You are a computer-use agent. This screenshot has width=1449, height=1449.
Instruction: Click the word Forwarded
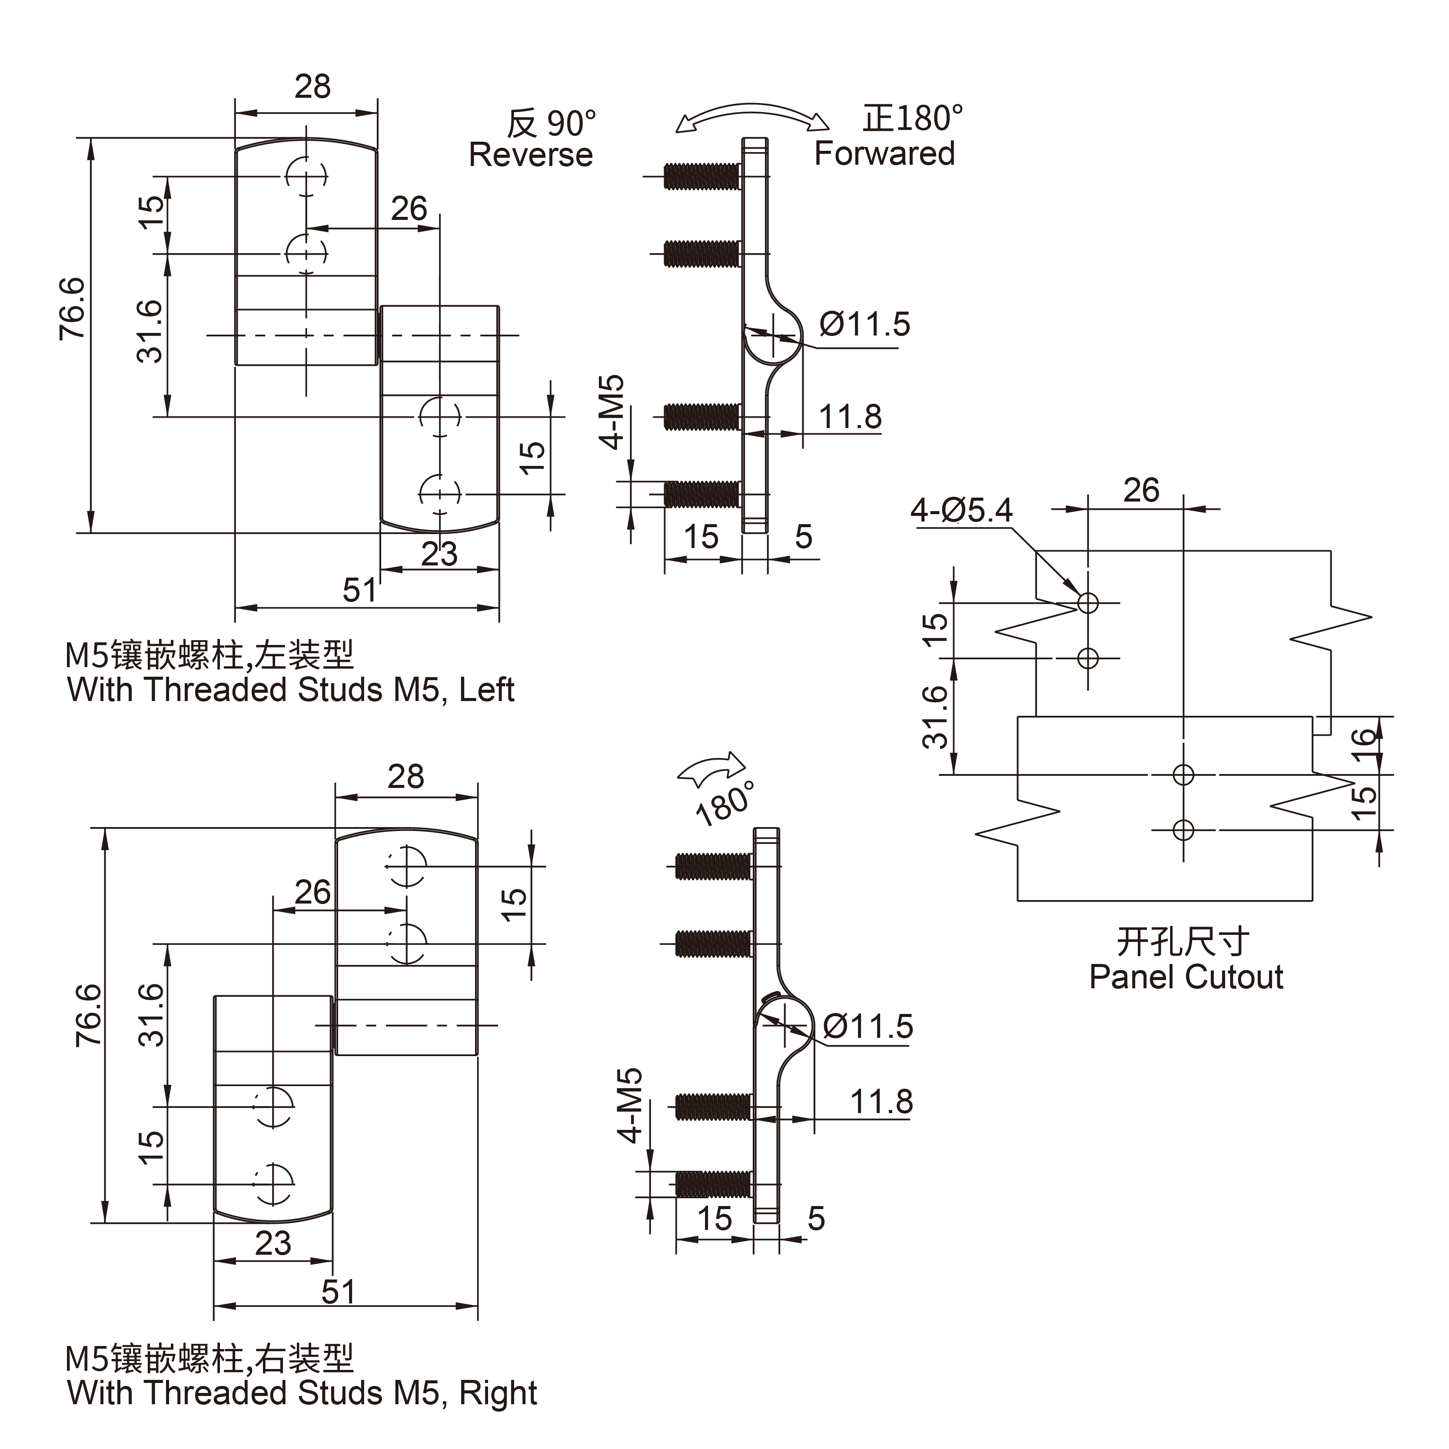[884, 154]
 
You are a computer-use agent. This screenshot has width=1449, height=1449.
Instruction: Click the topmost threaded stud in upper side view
[701, 176]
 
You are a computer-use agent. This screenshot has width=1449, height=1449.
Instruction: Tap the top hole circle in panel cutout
[1087, 602]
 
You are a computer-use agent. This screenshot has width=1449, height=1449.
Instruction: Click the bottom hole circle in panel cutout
[1183, 830]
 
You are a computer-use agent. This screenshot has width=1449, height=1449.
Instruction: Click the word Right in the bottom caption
[498, 1393]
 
